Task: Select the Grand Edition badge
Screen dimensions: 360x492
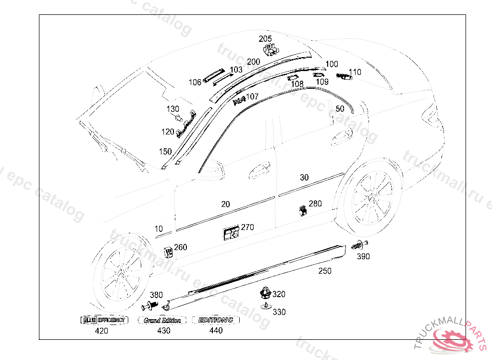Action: point(162,320)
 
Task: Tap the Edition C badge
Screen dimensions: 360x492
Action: point(216,320)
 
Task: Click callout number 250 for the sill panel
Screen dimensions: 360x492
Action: point(325,271)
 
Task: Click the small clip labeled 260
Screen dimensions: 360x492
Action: point(168,252)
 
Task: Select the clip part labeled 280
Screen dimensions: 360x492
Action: point(303,210)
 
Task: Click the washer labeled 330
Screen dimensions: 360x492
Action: point(265,305)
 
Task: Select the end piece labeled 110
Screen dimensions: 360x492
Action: point(344,77)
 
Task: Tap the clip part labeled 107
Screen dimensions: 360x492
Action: point(239,100)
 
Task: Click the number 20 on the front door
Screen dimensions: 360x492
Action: point(225,204)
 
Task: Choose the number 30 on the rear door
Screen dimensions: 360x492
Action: point(304,177)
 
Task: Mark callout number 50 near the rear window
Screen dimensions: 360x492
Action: point(340,109)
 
